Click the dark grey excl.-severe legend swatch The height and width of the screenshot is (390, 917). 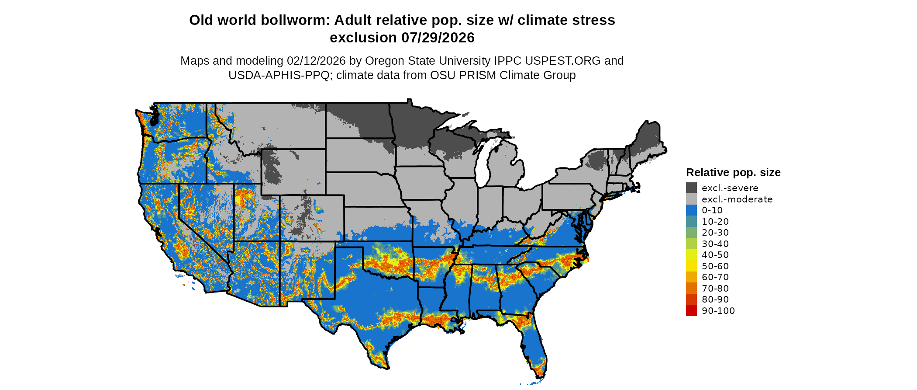tap(691, 188)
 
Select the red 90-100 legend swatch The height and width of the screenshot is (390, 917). tap(691, 310)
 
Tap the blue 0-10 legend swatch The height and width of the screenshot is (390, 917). tap(691, 210)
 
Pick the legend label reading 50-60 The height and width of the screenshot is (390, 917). tap(715, 266)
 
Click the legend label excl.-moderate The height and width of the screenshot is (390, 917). tap(737, 199)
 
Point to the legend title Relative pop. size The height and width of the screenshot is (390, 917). tap(733, 172)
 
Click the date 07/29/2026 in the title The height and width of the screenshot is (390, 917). tap(438, 38)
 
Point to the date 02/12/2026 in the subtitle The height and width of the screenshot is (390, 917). tap(316, 61)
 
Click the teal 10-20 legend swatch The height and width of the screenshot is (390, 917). tap(691, 221)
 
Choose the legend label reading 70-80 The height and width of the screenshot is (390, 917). tap(715, 288)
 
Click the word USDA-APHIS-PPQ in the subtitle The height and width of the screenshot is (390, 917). tap(279, 75)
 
